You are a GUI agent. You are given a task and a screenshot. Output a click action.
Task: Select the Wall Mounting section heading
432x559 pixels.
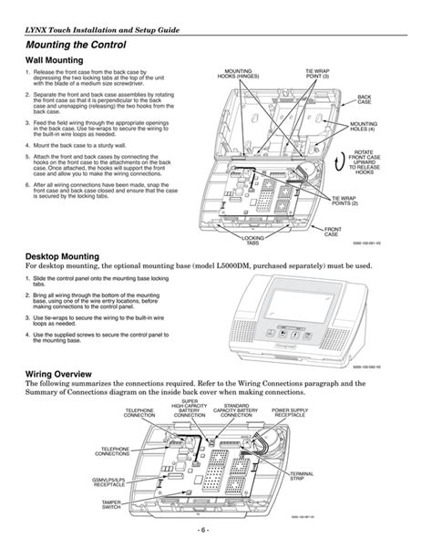tap(59, 60)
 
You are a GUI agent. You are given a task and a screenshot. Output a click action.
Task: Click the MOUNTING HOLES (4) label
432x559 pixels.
tap(365, 126)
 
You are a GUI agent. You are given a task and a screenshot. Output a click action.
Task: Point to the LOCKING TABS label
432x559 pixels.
tap(252, 240)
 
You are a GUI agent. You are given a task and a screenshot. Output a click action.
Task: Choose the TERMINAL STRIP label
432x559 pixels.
tap(302, 478)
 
